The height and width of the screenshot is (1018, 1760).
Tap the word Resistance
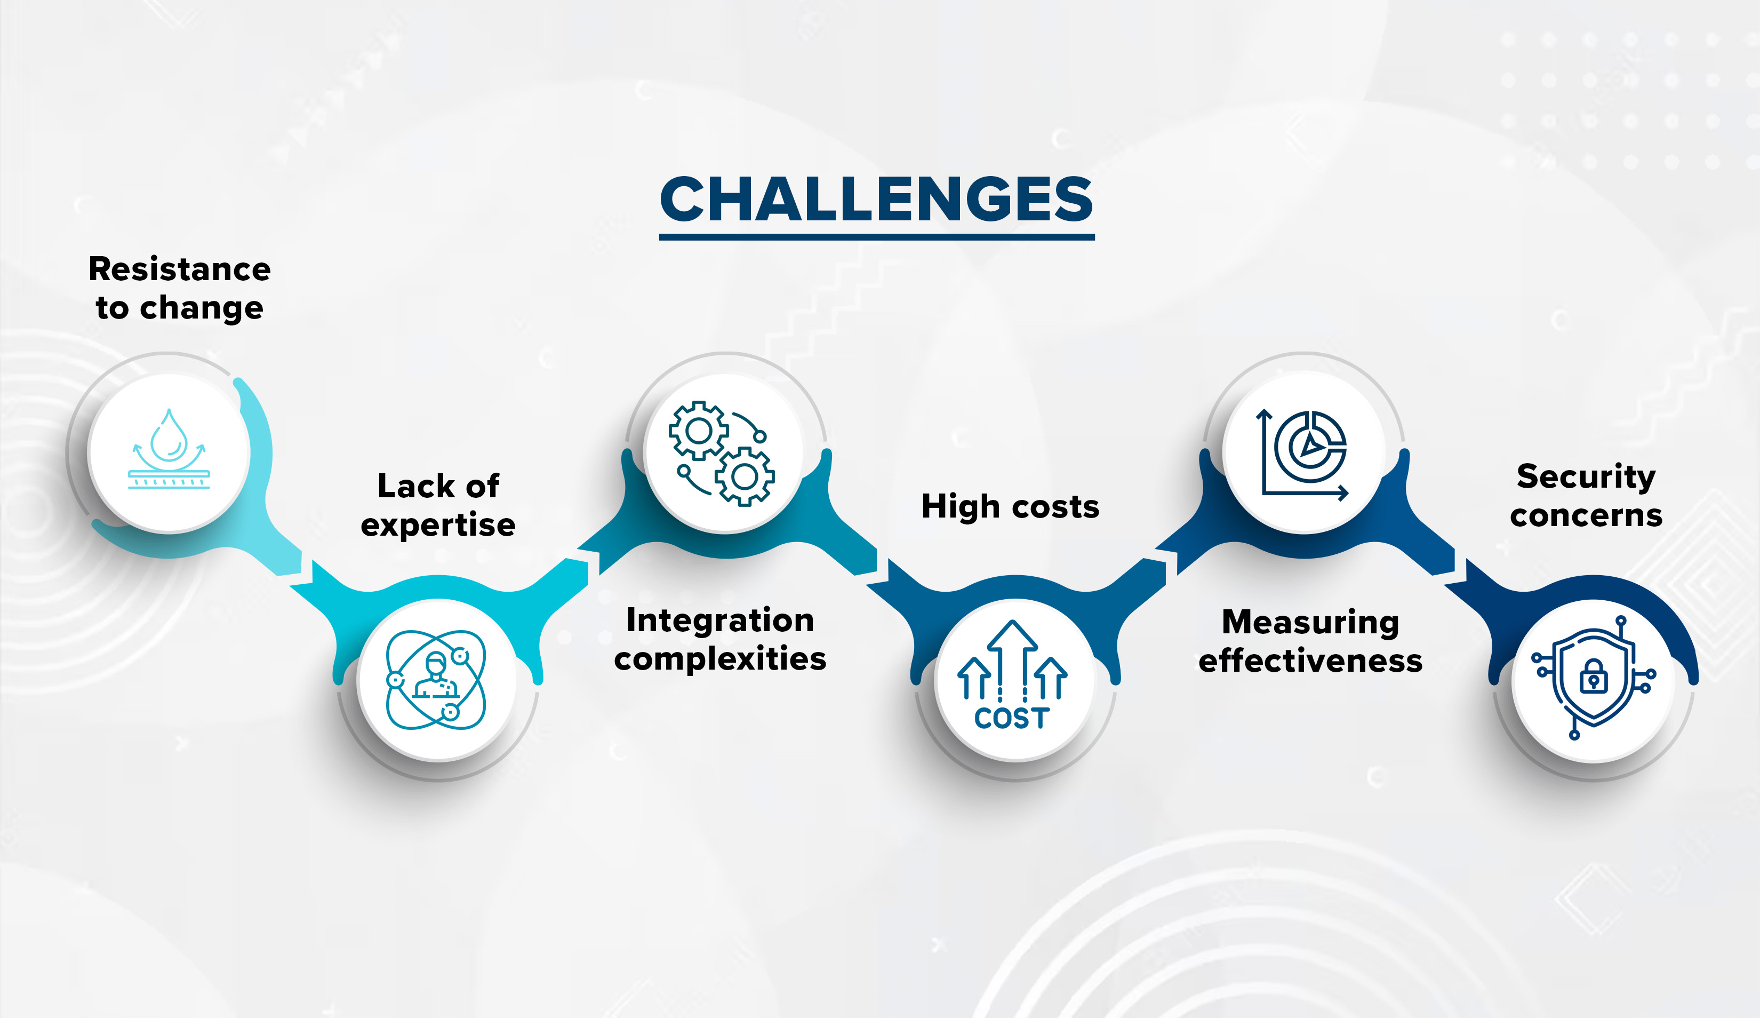coord(180,269)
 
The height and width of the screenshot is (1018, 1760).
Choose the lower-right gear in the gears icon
coord(745,476)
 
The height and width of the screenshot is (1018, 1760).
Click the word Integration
coord(720,621)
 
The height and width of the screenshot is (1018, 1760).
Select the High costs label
coord(1010,506)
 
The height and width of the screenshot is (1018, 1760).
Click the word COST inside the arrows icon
coord(1012,718)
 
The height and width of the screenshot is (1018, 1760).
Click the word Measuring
coord(1310,623)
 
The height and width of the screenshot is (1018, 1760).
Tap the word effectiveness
coord(1310,661)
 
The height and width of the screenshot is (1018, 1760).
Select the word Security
coord(1586,477)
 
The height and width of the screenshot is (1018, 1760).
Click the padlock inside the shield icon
coord(1593,675)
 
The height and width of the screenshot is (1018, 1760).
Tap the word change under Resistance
coord(201,309)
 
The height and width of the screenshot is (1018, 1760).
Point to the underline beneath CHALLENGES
coord(876,237)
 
